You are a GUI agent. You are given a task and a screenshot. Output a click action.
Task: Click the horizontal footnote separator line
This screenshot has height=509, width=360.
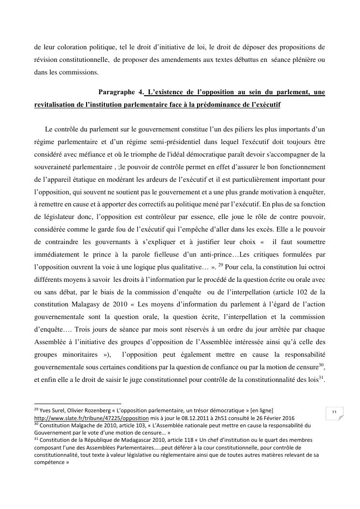(77, 404)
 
